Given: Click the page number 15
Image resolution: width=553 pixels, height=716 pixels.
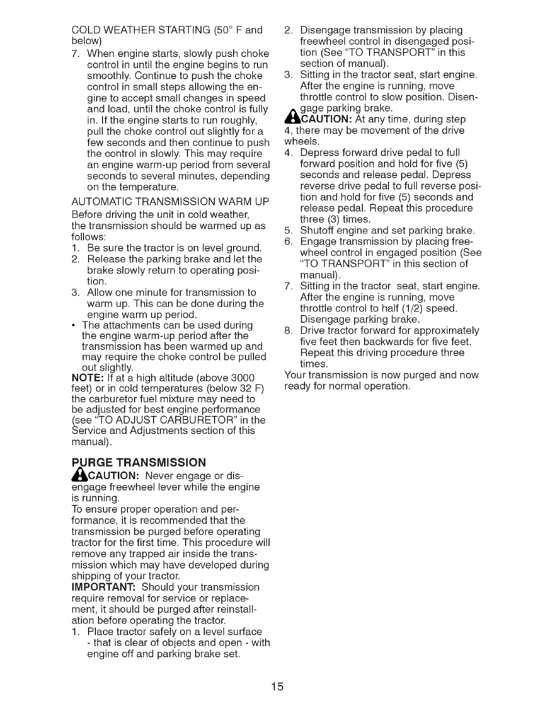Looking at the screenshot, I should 277,687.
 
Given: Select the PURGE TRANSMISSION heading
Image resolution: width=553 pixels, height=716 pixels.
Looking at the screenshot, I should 138,462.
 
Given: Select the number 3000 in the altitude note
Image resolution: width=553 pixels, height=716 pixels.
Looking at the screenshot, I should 241,377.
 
